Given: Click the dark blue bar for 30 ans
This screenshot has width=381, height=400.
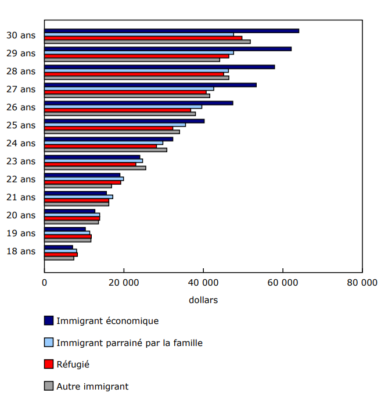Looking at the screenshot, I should pyautogui.click(x=171, y=31).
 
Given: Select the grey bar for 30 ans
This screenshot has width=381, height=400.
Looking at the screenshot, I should pyautogui.click(x=148, y=42).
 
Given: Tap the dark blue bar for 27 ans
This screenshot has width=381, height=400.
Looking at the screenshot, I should pyautogui.click(x=150, y=85).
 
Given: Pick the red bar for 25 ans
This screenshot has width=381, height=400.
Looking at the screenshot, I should pyautogui.click(x=109, y=128).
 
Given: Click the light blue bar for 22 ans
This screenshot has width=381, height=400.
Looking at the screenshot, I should pyautogui.click(x=84, y=179).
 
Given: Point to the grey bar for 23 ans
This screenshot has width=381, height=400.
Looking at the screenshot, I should pyautogui.click(x=95, y=168).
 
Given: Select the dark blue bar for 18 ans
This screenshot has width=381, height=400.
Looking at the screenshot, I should pyautogui.click(x=59, y=247).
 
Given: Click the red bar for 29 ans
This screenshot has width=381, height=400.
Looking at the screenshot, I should pyautogui.click(x=136, y=56).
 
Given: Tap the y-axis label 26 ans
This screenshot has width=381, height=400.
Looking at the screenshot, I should pyautogui.click(x=21, y=107).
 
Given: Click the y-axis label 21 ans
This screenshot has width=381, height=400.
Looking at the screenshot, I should pyautogui.click(x=21, y=197).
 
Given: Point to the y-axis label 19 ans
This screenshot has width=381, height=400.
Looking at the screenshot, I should pyautogui.click(x=21, y=233).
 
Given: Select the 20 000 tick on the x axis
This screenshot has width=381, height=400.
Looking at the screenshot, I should pyautogui.click(x=124, y=283).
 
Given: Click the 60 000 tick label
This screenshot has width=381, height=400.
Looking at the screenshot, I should pyautogui.click(x=283, y=283).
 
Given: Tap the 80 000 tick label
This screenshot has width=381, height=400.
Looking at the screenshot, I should pyautogui.click(x=362, y=283).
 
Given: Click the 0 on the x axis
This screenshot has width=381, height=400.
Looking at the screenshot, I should pyautogui.click(x=45, y=283).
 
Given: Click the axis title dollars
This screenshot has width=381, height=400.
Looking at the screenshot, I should pyautogui.click(x=203, y=300).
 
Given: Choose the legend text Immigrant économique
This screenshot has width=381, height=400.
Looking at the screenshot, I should pyautogui.click(x=107, y=320).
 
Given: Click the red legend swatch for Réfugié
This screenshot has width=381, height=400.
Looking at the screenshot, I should pyautogui.click(x=49, y=365).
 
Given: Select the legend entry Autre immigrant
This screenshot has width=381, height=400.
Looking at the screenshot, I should pyautogui.click(x=92, y=386).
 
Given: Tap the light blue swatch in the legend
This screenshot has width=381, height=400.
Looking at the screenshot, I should pyautogui.click(x=49, y=343).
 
